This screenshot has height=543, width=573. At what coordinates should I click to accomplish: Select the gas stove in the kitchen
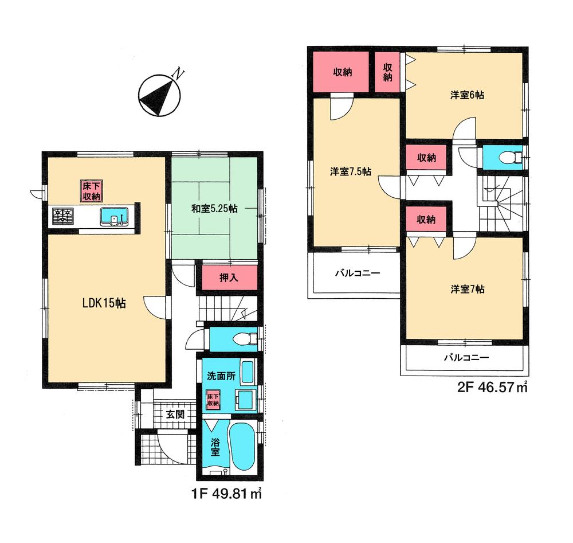click(x=63, y=216)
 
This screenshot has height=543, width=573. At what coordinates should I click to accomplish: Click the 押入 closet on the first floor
click(x=229, y=278)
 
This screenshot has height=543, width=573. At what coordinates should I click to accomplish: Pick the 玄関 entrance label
click(x=175, y=414)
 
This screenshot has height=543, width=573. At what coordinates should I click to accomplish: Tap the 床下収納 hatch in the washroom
click(x=213, y=400)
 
